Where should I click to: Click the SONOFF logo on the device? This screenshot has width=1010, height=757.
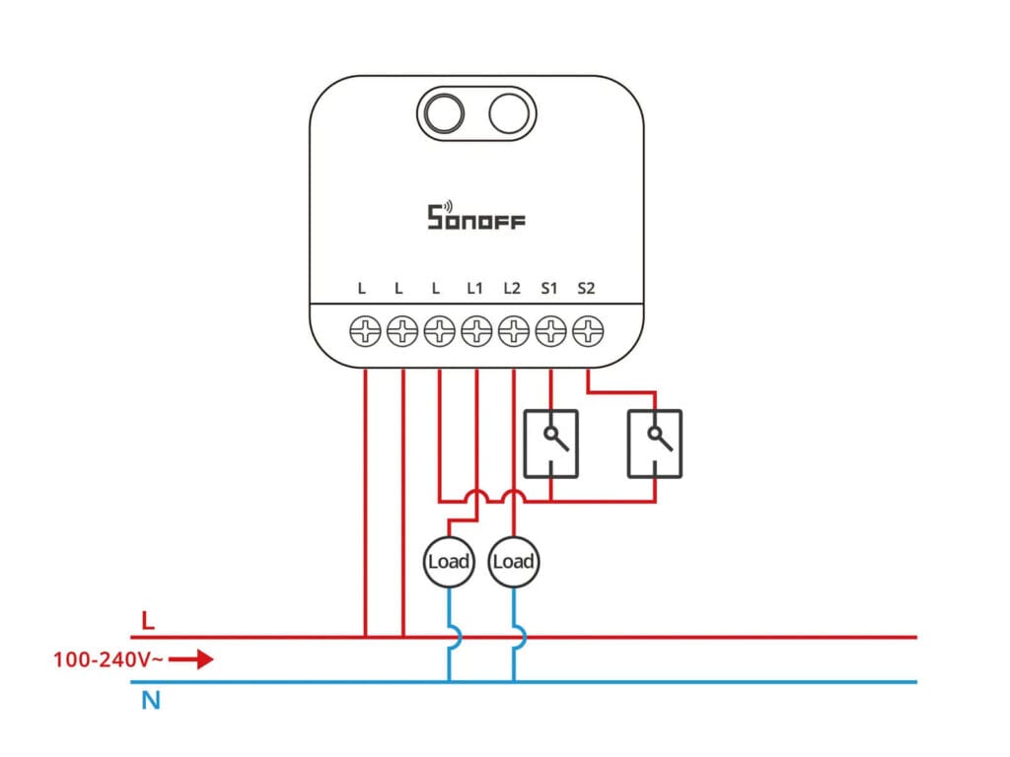[x=475, y=216]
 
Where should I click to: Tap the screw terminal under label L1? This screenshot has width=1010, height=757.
[x=475, y=331]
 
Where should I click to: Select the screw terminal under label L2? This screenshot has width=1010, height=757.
[x=513, y=331]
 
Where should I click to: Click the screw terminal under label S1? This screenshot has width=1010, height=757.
[x=550, y=331]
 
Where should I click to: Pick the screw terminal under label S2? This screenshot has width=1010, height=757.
[x=587, y=331]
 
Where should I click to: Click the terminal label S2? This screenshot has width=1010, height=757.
[x=586, y=289]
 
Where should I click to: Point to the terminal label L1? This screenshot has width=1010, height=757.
[x=474, y=289]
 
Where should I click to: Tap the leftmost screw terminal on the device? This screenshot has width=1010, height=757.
[x=365, y=331]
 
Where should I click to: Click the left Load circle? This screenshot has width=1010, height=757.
[x=449, y=562]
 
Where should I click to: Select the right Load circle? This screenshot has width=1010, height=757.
[x=513, y=562]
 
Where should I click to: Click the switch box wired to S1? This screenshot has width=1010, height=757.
[x=550, y=444]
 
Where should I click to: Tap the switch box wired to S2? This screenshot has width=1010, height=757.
[x=654, y=444]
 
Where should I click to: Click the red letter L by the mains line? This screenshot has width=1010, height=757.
[x=148, y=621]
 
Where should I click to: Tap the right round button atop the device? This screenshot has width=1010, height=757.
[x=509, y=114]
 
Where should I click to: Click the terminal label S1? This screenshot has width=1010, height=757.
[x=549, y=289]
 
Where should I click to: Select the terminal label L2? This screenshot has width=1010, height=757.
[x=511, y=289]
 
